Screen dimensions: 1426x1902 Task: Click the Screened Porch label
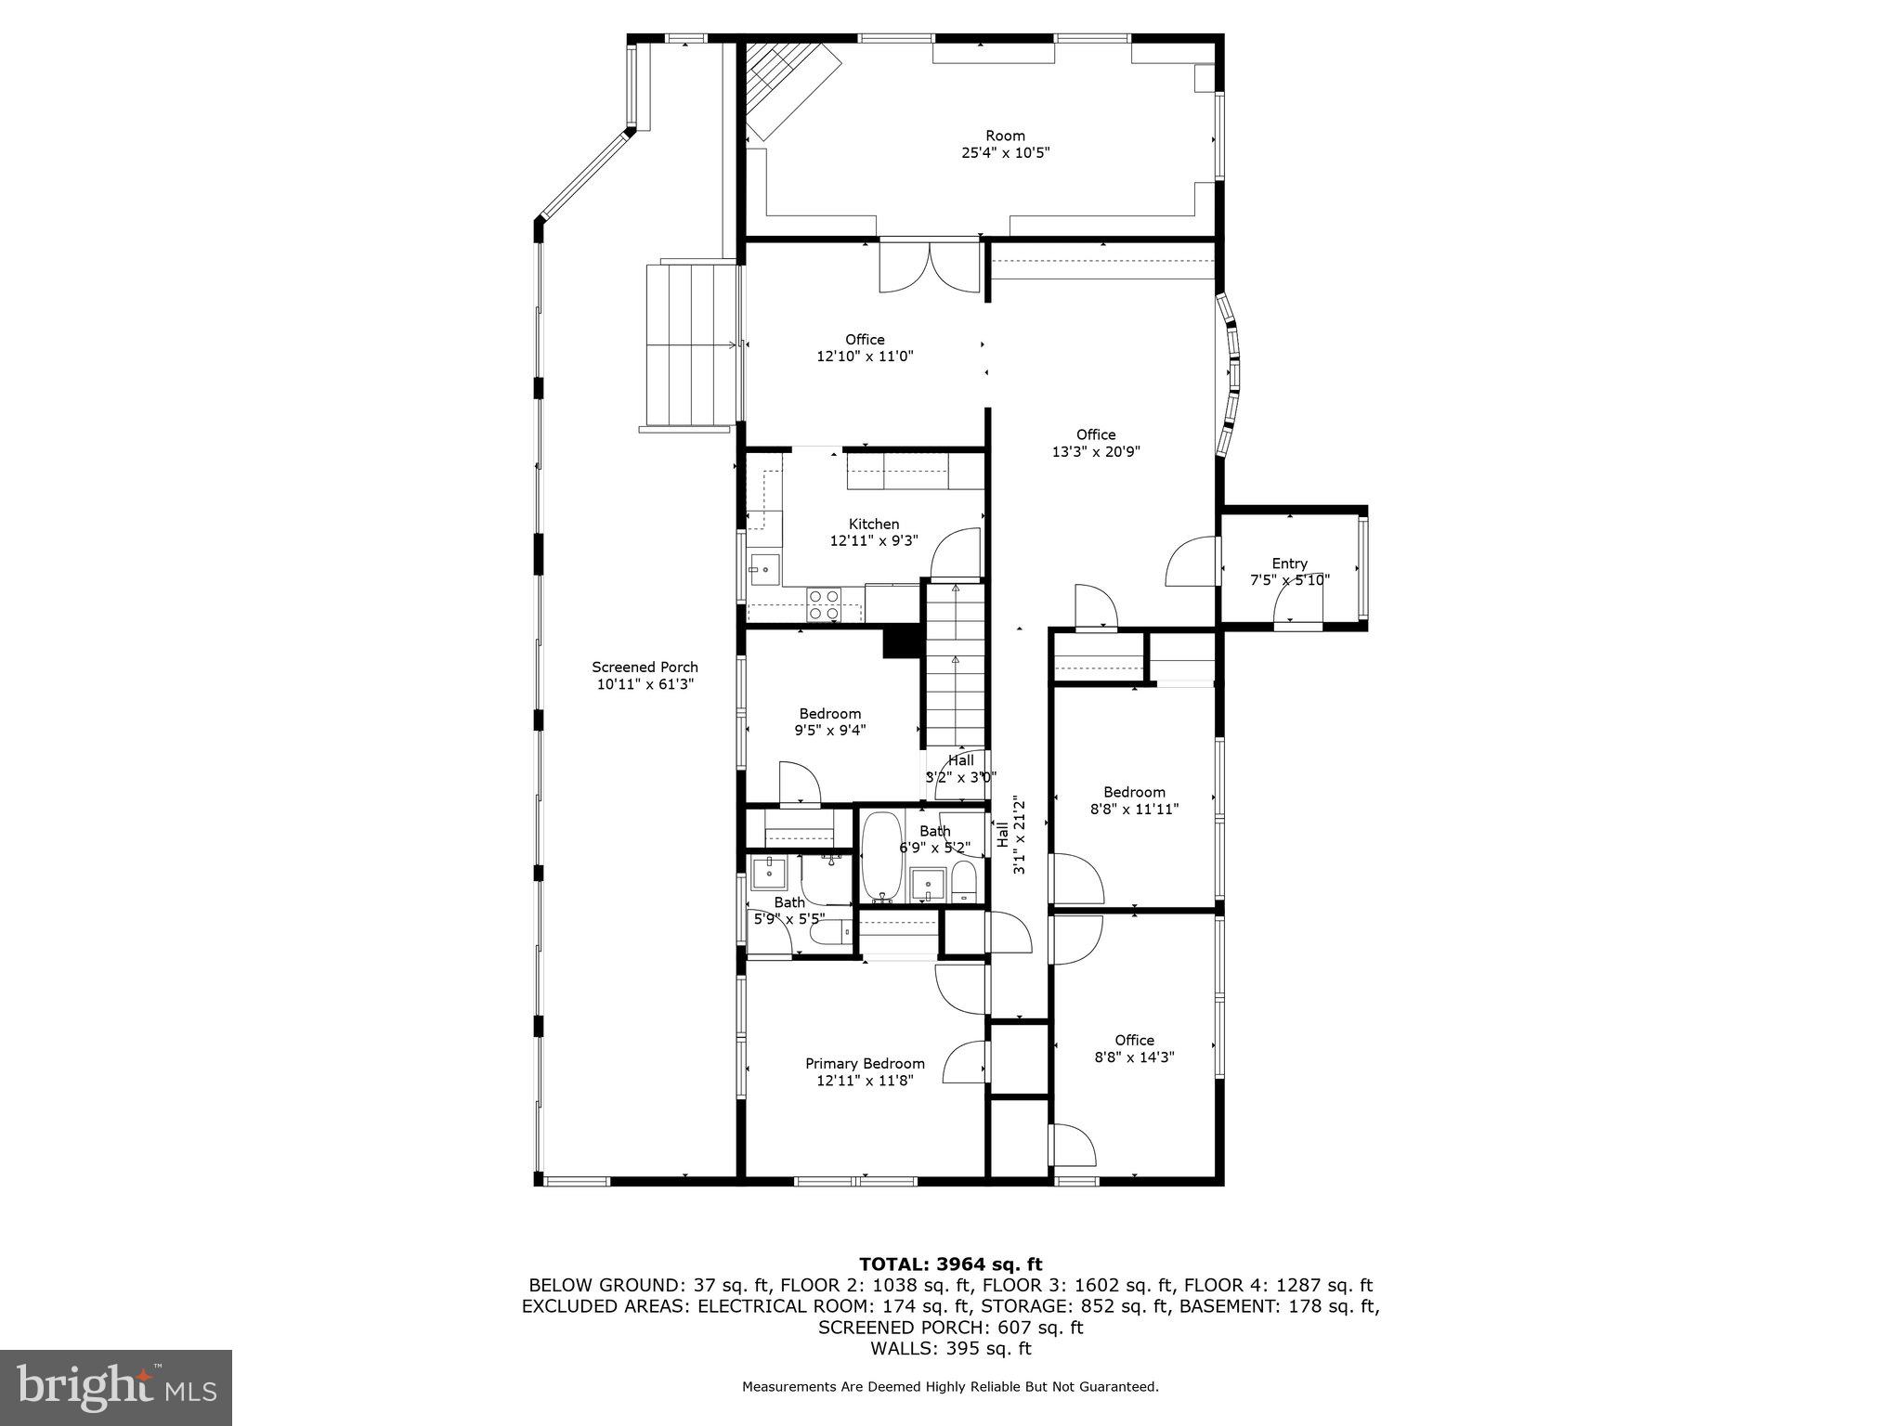645,667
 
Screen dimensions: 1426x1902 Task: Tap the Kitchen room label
873,524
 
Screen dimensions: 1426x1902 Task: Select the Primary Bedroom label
865,1063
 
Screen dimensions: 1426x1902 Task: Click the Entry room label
1289,563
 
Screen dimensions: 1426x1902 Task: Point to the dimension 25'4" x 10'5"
1005,152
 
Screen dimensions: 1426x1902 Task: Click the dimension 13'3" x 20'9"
1096,451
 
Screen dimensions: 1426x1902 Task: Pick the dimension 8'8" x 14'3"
1134,1057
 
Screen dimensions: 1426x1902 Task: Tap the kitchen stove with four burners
823,604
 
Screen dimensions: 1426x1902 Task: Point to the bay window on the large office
1231,375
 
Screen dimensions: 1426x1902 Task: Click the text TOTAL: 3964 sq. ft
950,1264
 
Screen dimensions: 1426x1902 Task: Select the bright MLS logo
116,1387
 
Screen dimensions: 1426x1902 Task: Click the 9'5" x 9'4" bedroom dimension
829,730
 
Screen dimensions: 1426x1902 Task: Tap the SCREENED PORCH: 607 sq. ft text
950,1328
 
